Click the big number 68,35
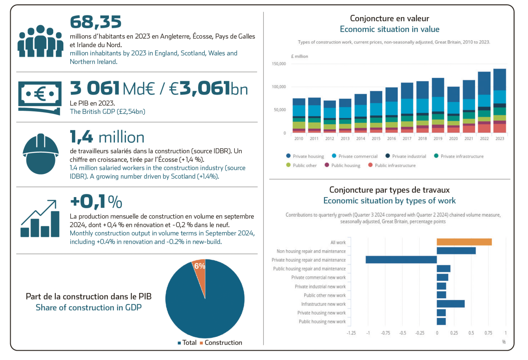click(x=95, y=22)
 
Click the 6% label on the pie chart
click(x=199, y=266)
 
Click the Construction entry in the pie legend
click(x=223, y=343)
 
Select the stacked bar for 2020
click(x=453, y=108)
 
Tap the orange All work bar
click(x=464, y=242)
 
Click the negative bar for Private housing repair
click(x=401, y=260)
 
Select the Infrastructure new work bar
click(x=450, y=304)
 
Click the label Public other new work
click(x=325, y=295)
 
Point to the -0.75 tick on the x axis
click(x=385, y=333)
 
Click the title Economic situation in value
click(x=389, y=29)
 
